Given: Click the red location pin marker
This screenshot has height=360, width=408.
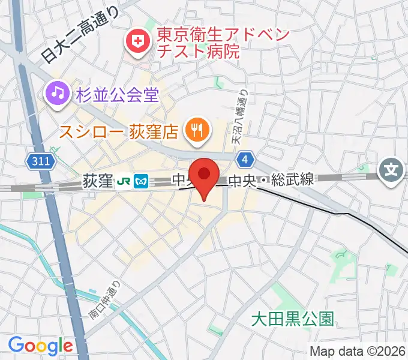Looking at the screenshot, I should point(205,176).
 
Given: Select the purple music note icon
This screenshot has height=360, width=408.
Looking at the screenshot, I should point(57,93).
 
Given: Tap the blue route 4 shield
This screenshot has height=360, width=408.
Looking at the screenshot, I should point(244,159).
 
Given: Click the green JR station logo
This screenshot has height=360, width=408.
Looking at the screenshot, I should point(124,179).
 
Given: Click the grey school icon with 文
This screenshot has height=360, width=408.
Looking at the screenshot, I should point(392,171).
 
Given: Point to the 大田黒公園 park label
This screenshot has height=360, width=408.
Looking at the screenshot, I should point(292,317).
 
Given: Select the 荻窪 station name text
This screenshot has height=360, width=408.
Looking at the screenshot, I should point(97,179).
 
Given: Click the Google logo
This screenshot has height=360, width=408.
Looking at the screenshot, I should point(40,346).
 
